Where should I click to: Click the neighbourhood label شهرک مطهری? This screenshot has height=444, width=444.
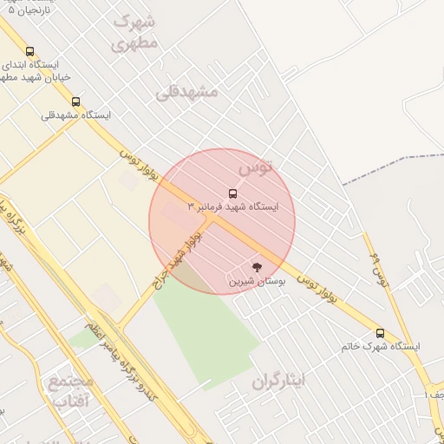136,32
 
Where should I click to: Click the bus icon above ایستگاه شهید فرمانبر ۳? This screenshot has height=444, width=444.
232,193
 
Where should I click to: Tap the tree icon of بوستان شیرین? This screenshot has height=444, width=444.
256,266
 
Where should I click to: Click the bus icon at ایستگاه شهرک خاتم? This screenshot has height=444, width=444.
380,333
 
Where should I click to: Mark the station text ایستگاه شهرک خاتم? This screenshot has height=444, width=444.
381,347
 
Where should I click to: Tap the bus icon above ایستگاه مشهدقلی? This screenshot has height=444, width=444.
75,101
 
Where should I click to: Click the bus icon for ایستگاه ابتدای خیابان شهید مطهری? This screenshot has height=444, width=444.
30,52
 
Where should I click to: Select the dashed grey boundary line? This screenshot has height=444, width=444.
390,167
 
